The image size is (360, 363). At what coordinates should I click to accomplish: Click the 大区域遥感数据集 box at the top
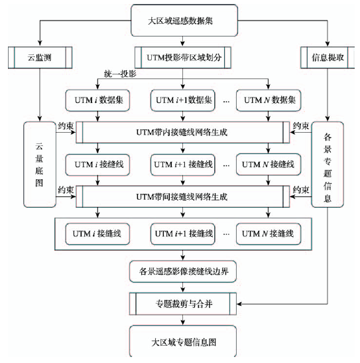184,21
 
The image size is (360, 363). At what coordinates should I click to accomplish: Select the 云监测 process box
40,58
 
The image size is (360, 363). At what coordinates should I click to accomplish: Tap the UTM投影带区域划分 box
183,58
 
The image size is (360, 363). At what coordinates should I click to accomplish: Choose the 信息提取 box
328,58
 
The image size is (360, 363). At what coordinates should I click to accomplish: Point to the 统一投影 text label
120,74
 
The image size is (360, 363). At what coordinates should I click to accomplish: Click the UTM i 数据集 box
97,100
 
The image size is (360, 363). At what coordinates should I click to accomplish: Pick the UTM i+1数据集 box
183,100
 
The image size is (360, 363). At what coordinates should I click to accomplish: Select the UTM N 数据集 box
269,100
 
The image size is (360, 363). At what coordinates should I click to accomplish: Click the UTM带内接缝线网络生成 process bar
183,133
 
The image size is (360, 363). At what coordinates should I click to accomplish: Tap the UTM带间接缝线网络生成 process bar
183,197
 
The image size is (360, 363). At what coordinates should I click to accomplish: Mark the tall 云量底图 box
40,165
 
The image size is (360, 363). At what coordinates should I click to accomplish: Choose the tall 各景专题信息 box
328,165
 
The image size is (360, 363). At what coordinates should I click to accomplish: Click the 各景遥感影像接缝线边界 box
183,271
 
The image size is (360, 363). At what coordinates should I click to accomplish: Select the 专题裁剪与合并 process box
183,304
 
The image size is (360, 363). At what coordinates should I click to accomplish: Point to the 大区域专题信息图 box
183,342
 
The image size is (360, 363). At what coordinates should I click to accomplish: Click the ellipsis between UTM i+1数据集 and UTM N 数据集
226,102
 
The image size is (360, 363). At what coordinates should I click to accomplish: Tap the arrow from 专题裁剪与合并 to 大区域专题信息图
183,320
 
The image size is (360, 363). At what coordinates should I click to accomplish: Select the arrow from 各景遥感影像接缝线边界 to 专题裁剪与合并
183,288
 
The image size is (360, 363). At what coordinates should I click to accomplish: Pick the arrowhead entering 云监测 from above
40,44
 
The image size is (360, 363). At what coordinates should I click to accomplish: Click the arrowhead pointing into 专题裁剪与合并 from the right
239,304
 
